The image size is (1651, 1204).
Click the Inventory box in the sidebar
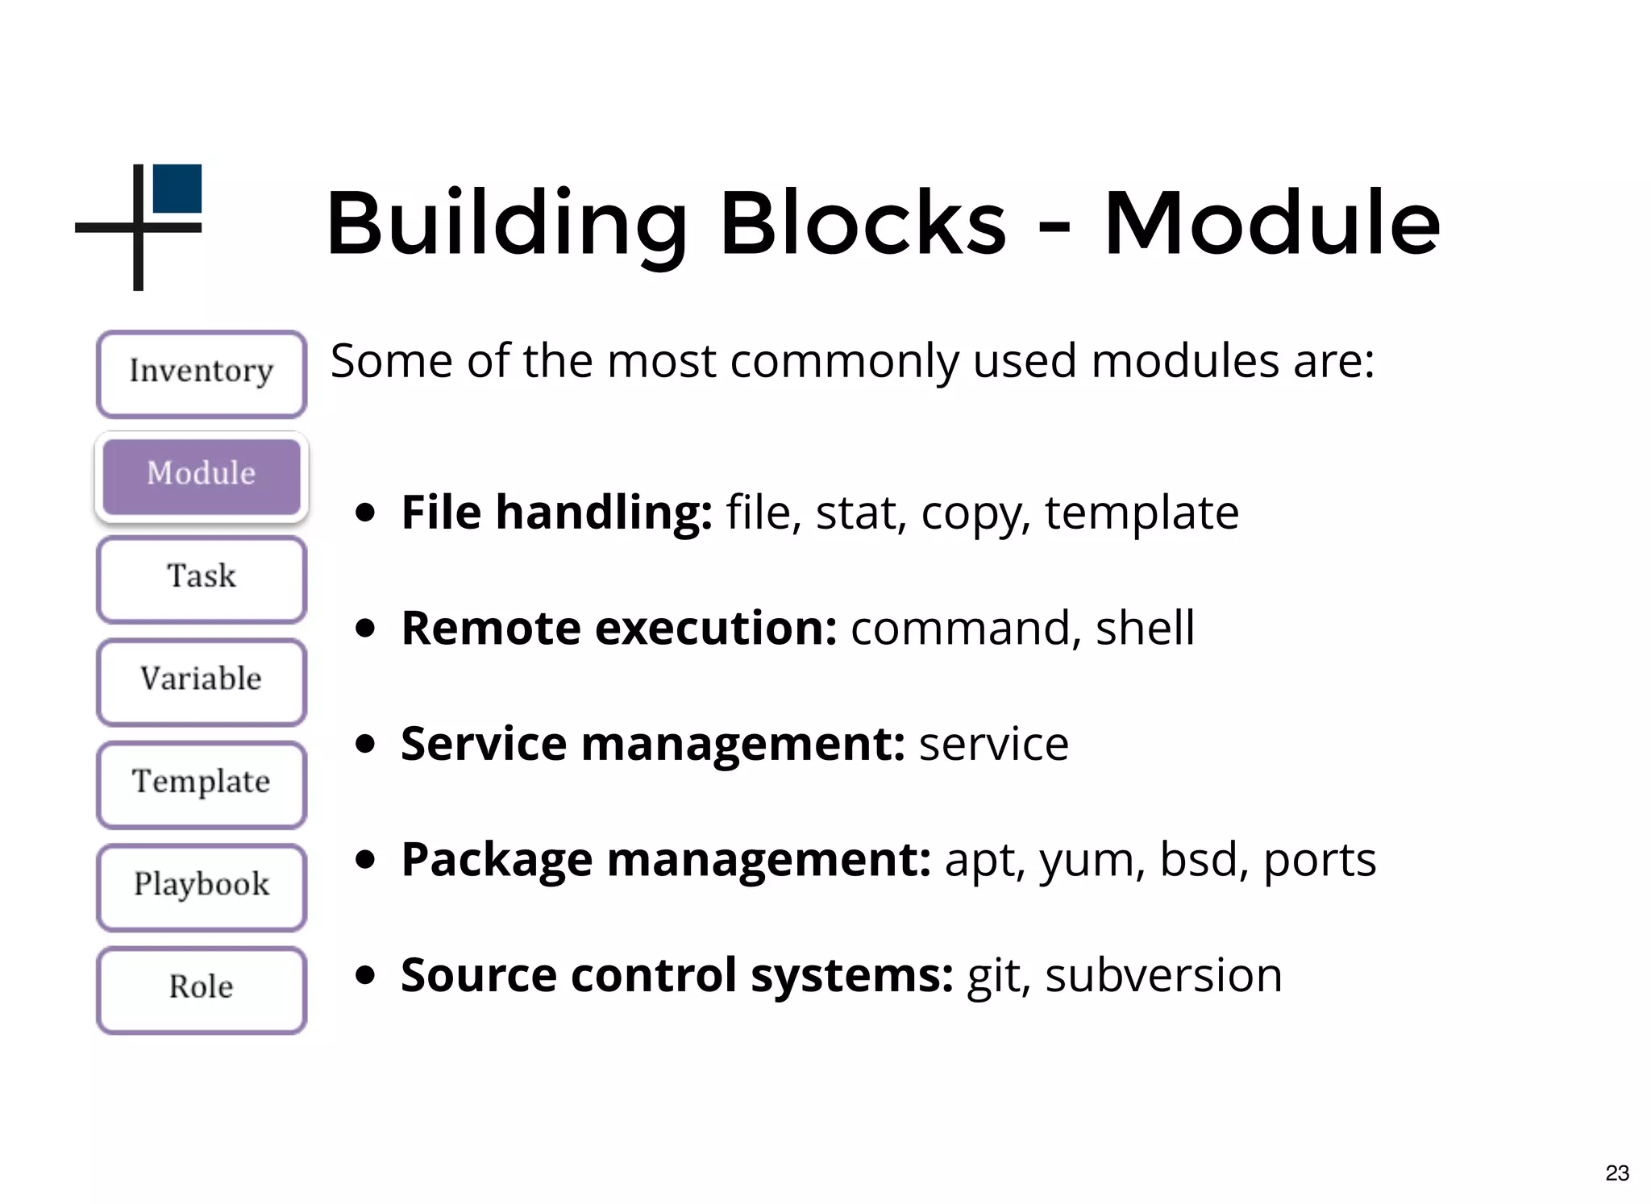coord(202,373)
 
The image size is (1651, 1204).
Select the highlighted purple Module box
coord(202,475)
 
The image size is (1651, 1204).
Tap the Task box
coord(202,578)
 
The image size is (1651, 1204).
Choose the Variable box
coord(202,680)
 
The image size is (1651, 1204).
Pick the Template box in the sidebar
coord(202,783)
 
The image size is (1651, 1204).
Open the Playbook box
coord(202,886)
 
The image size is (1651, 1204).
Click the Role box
coord(202,988)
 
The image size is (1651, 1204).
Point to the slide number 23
coord(1616,1173)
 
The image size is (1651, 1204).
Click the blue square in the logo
coord(177,189)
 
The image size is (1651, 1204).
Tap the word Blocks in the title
coord(863,223)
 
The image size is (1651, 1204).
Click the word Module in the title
coord(1271,223)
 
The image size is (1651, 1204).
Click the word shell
coord(1145,629)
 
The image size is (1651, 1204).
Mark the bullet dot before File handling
coord(366,513)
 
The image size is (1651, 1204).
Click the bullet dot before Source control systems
coord(366,975)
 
